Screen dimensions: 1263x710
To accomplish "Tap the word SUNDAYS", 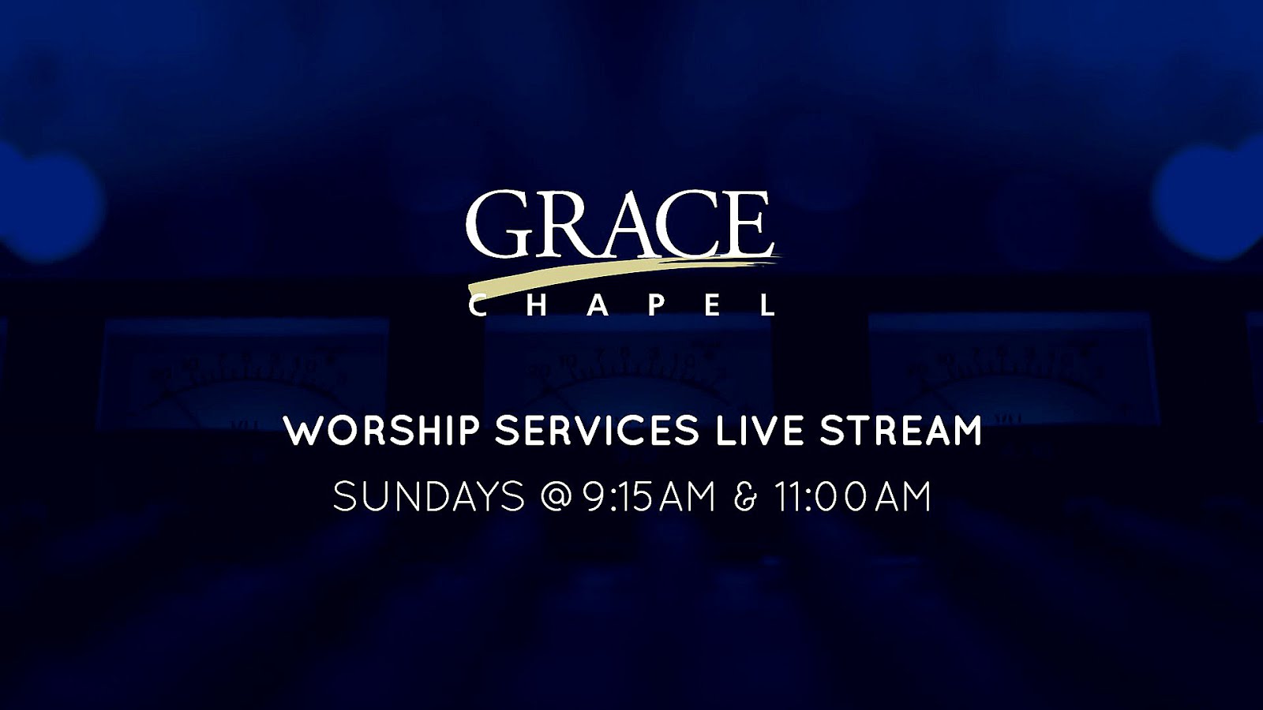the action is coord(429,496).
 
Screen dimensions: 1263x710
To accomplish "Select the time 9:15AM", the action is coord(649,496).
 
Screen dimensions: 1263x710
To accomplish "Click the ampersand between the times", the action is coord(745,496).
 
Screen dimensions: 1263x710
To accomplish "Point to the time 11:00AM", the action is coord(852,496).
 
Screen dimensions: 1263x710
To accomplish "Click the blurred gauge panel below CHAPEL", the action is coord(628,372).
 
